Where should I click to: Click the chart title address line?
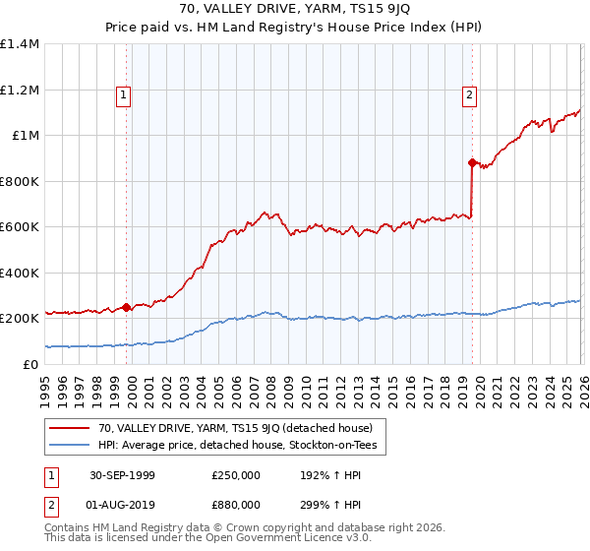tap(295, 9)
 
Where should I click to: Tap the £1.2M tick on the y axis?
tap(20, 90)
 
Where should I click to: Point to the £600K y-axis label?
tap(20, 227)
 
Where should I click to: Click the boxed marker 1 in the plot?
tap(124, 95)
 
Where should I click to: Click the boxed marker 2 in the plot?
tap(469, 95)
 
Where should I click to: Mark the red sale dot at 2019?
tap(472, 162)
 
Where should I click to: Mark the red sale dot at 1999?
tap(127, 307)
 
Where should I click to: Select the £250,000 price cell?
tap(234, 474)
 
